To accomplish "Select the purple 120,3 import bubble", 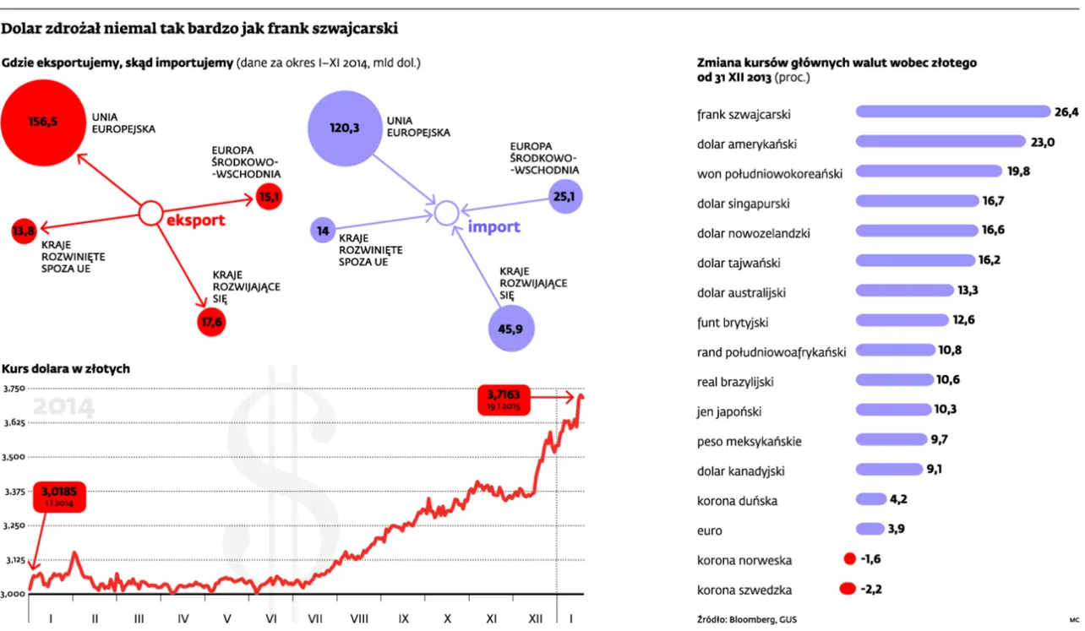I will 344,128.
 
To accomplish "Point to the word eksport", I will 195,221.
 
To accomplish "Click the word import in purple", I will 493,227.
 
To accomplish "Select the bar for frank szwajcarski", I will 952,112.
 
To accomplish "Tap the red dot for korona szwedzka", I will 848,590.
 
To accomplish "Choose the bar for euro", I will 870,530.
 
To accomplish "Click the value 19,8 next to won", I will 1017,171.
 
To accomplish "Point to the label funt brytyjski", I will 733,323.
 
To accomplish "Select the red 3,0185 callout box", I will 58,497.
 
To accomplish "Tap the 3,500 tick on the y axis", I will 14,457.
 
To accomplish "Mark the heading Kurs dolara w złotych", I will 66,369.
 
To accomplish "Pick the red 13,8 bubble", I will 24,231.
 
